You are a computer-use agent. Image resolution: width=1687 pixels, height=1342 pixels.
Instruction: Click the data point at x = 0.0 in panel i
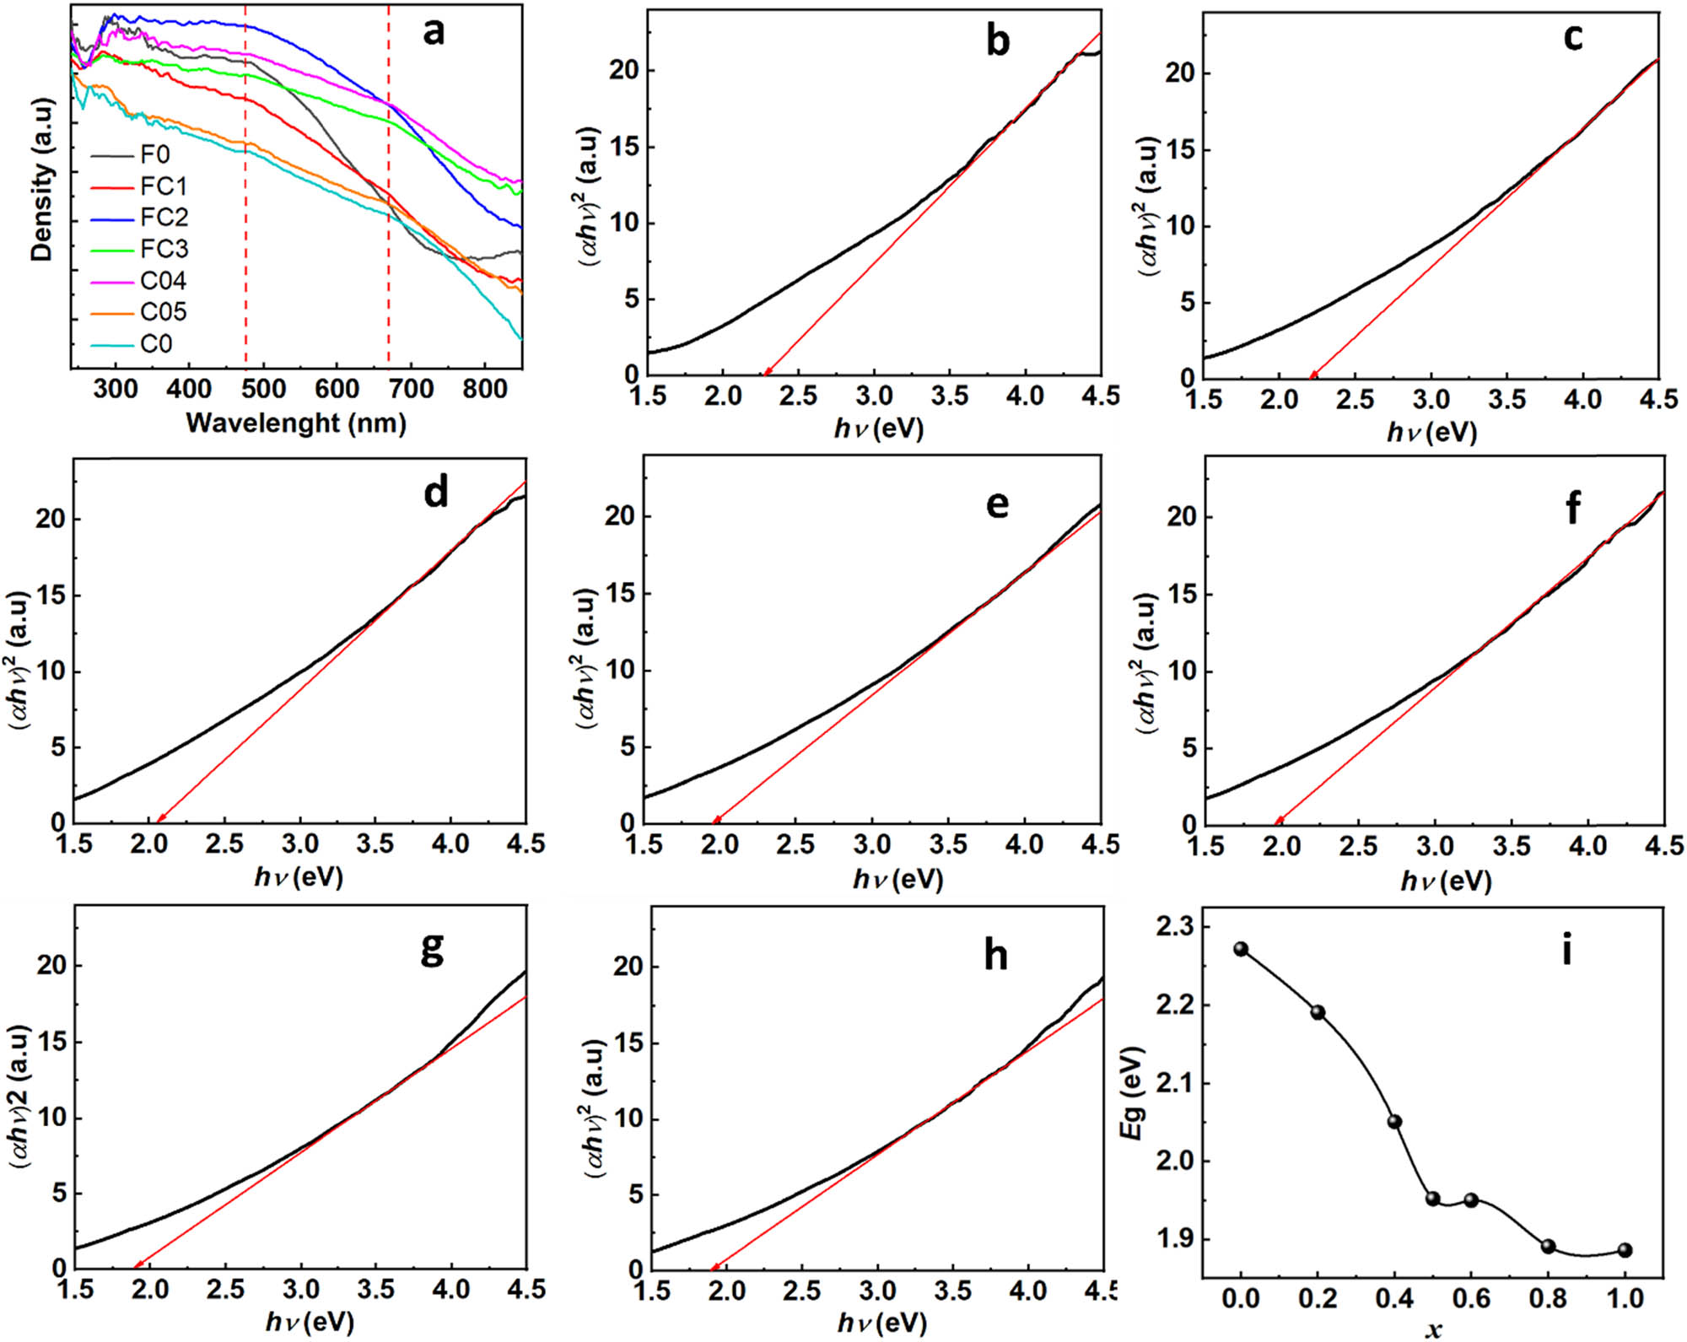coord(1241,949)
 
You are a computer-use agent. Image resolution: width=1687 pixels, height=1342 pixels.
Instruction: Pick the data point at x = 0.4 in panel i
coord(1394,1121)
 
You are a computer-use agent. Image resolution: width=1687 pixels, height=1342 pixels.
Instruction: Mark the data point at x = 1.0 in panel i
coord(1625,1250)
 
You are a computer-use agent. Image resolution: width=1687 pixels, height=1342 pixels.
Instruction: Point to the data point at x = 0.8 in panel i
coord(1548,1246)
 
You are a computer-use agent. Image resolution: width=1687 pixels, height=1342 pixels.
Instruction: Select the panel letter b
coord(998,40)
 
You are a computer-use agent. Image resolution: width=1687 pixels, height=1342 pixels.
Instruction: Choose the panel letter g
coord(432,950)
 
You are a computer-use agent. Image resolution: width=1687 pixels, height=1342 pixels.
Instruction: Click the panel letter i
coord(1566,950)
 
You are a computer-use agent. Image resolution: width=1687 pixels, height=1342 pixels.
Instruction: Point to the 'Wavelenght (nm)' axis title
coord(296,423)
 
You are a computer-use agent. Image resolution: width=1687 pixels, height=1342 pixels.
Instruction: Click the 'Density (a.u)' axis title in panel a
coord(41,180)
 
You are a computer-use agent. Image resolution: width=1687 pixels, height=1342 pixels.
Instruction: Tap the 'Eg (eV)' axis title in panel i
coord(1132,1094)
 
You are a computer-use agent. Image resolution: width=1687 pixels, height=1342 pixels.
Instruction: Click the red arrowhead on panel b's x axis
coord(767,372)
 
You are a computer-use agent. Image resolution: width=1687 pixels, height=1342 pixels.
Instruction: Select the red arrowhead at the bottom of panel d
coord(159,817)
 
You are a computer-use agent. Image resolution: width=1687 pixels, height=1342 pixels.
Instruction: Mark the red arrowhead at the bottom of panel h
coord(714,1266)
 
